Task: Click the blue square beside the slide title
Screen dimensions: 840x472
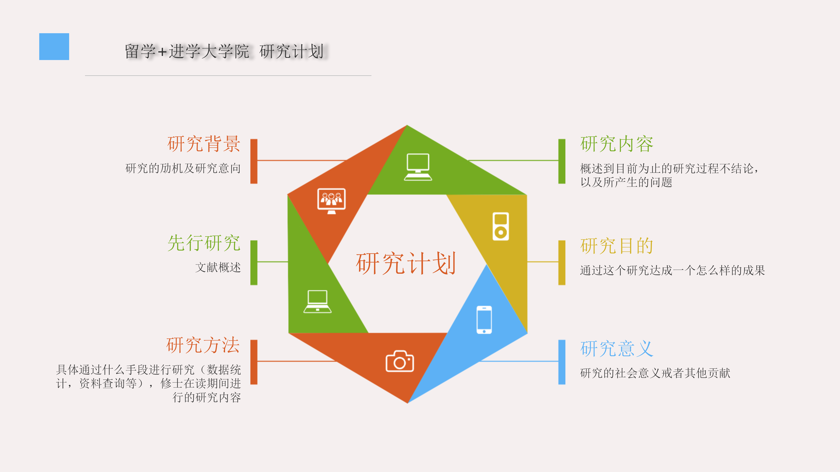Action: pyautogui.click(x=54, y=47)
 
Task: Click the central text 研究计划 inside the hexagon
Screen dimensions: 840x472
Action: pyautogui.click(x=406, y=263)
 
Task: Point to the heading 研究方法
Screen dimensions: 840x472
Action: pyautogui.click(x=203, y=345)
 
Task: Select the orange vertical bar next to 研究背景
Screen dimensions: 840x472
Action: pyautogui.click(x=254, y=161)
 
